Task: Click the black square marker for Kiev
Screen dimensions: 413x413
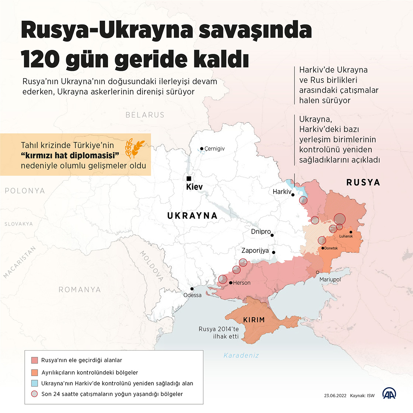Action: click(189, 178)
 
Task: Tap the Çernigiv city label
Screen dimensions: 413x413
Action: click(215, 149)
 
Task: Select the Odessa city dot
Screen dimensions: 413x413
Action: click(192, 289)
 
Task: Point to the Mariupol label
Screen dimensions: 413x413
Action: click(330, 279)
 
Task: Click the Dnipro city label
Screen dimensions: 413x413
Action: click(261, 232)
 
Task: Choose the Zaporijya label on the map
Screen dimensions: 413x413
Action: click(255, 251)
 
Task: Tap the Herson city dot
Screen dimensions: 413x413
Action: click(231, 283)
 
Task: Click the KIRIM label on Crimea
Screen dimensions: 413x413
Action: click(254, 320)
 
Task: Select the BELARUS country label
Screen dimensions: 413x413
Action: click(145, 115)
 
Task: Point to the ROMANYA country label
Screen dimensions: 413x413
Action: click(80, 290)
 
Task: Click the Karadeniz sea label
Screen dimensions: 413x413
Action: click(241, 355)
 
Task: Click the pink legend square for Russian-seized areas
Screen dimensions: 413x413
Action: click(34, 360)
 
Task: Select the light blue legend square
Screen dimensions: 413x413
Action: click(34, 383)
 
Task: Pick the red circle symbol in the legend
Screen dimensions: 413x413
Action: click(34, 394)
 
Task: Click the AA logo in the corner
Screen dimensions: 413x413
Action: click(389, 394)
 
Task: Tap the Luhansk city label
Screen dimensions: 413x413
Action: click(346, 236)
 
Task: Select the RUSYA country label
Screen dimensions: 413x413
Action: click(363, 182)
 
